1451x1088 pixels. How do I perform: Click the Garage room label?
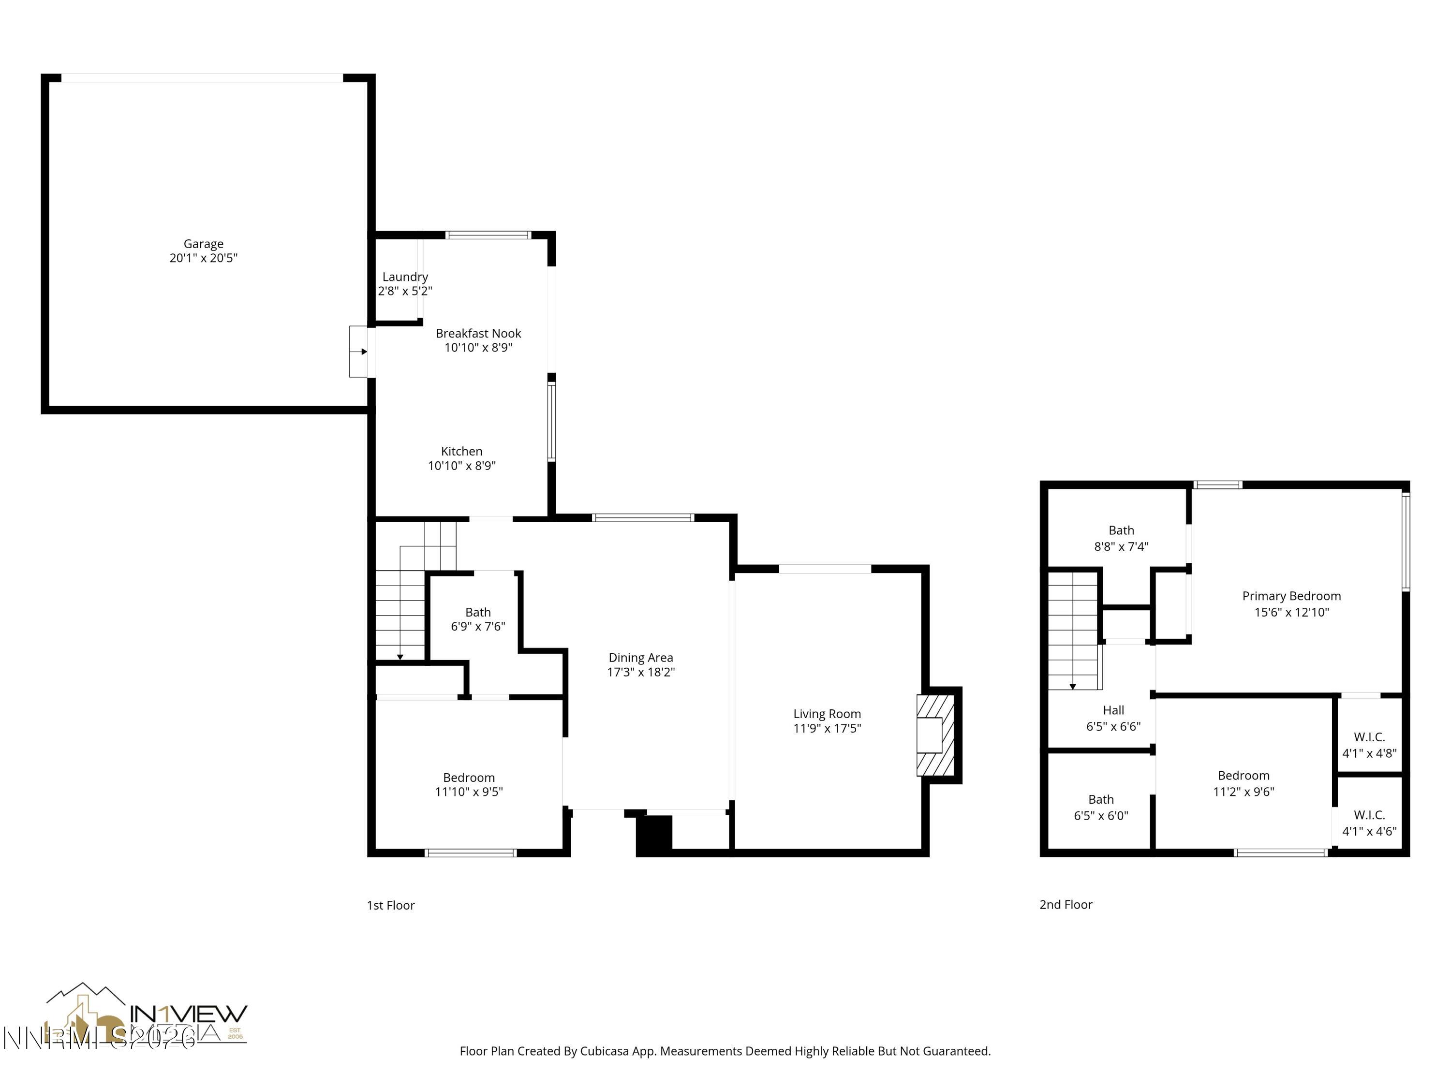(203, 244)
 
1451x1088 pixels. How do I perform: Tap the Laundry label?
(405, 277)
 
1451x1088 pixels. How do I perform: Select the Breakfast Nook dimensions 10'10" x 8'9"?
(478, 348)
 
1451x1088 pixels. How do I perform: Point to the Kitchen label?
(461, 451)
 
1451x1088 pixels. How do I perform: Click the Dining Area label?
(640, 658)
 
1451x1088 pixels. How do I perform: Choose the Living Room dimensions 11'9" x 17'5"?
(827, 728)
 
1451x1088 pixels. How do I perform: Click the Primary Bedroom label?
(1291, 596)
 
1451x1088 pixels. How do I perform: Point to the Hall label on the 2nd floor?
(1113, 710)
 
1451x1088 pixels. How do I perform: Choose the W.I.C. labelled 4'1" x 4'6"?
(1369, 823)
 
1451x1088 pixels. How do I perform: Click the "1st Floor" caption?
(390, 905)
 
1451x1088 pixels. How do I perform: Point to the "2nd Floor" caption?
(1066, 904)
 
